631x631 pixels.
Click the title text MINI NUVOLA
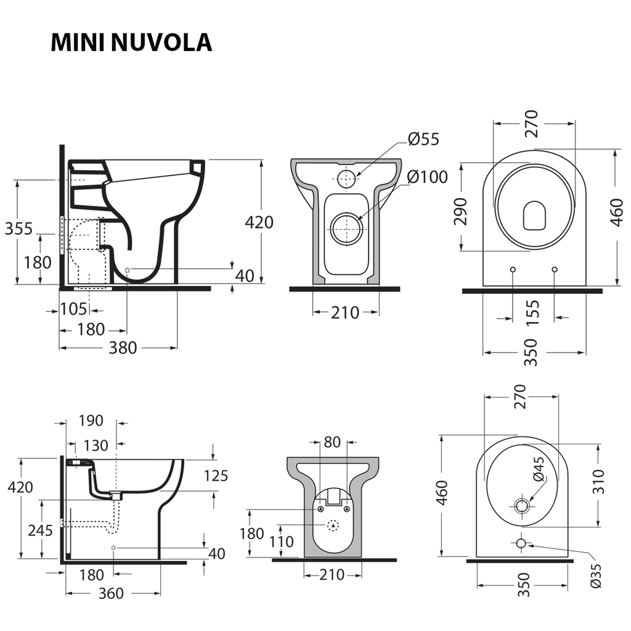pos(131,42)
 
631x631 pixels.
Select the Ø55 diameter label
pos(423,139)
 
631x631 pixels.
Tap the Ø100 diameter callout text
pos(427,177)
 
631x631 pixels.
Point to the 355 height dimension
pos(18,229)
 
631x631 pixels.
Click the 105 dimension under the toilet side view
pos(73,310)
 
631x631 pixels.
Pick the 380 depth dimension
pos(123,348)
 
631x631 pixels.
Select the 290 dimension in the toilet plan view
pos(461,211)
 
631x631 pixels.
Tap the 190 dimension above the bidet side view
pos(91,421)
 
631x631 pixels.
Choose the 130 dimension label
pos(96,445)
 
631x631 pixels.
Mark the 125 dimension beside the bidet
pos(216,476)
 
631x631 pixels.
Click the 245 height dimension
pos(41,530)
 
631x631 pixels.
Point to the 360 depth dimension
pos(111,593)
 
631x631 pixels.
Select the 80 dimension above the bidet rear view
pos(332,442)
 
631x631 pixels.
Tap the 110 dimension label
pos(281,542)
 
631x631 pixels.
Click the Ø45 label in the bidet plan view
pos(537,469)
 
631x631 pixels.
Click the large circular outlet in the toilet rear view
pos(346,229)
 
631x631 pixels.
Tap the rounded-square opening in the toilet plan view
pos(534,216)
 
